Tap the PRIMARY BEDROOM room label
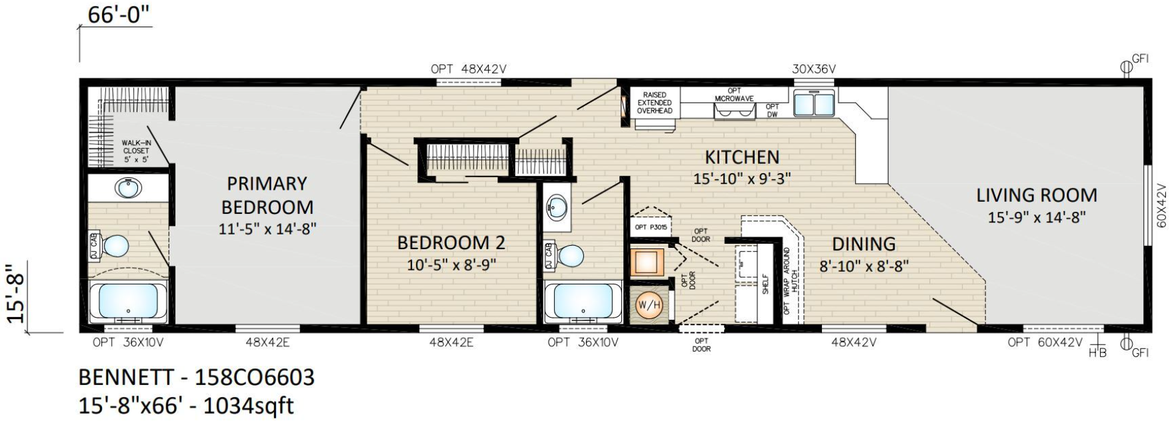(267, 195)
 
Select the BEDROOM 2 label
(451, 242)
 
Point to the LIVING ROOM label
(1037, 195)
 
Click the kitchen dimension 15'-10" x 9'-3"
(742, 179)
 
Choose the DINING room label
(864, 244)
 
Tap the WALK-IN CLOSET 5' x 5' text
(135, 151)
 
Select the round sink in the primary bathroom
(128, 188)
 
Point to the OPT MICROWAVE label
(734, 95)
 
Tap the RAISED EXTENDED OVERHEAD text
(655, 103)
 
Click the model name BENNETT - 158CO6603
(197, 377)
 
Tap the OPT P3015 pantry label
(651, 227)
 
